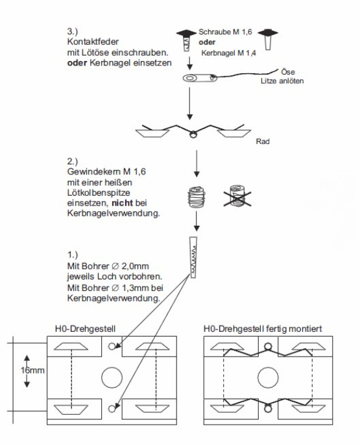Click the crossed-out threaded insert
[x=237, y=196]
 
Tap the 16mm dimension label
[x=32, y=370]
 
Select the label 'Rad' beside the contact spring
[x=263, y=141]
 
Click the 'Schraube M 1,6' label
[x=225, y=32]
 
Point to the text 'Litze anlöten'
[x=282, y=81]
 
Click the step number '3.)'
[x=72, y=31]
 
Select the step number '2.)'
[x=72, y=161]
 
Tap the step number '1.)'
[x=72, y=255]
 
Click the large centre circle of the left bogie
[x=112, y=377]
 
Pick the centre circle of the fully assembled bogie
[x=268, y=377]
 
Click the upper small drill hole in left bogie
[x=112, y=346]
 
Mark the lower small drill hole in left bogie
[x=112, y=409]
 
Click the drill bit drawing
[x=193, y=257]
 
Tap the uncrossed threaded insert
[x=197, y=197]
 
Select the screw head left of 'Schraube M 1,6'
[x=186, y=33]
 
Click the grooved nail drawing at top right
[x=268, y=39]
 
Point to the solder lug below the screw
[x=200, y=78]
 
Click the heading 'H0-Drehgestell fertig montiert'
[x=263, y=329]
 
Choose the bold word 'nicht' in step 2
[x=122, y=203]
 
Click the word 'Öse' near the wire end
[x=288, y=72]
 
